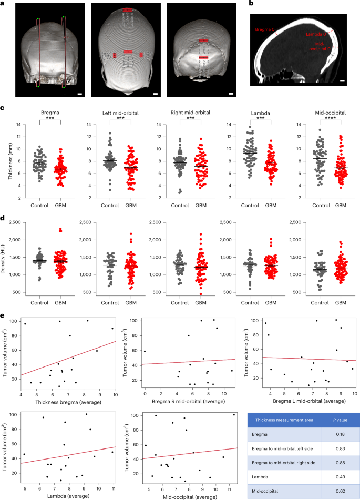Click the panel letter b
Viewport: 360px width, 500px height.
251,4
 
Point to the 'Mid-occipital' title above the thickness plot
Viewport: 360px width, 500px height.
320,113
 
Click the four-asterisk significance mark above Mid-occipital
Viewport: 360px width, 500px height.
320,119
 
